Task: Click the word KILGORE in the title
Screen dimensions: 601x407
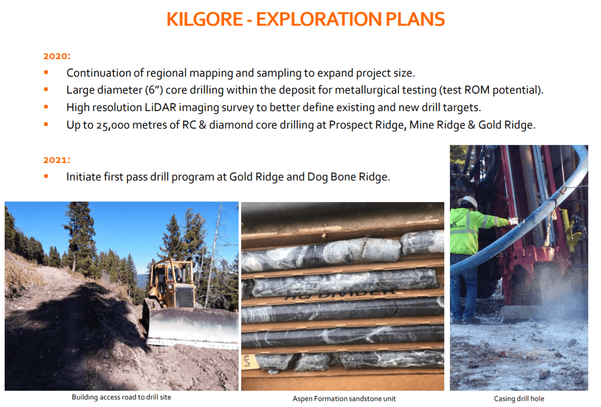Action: pos(205,19)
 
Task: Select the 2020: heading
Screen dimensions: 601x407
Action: pos(57,56)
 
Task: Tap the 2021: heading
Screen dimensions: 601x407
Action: pos(57,160)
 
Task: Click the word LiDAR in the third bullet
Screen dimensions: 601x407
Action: pos(160,107)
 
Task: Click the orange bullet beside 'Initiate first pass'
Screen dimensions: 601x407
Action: pos(46,176)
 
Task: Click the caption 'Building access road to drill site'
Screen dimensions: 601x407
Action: pos(121,397)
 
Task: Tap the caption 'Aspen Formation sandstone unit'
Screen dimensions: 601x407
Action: pos(344,399)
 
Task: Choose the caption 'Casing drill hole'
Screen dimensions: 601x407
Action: pos(519,399)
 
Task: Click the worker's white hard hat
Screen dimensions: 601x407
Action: pos(467,202)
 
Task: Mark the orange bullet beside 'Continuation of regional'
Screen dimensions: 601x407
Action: pos(46,72)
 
